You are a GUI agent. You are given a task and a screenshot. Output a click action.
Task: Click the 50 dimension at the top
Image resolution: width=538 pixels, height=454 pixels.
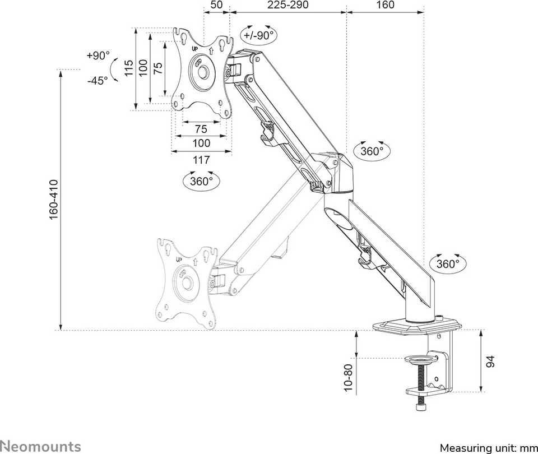click(216, 5)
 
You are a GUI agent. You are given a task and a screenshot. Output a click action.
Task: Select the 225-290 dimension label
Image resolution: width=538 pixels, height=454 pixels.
click(287, 5)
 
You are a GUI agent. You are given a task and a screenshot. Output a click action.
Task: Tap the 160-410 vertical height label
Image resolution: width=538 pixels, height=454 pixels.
click(54, 200)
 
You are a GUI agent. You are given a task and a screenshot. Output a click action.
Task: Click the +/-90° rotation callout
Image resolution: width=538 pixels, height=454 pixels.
click(258, 35)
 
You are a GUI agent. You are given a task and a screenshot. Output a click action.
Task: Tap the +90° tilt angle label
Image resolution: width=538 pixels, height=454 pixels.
click(98, 55)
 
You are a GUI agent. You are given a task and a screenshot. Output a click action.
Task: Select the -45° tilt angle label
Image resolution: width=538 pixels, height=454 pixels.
click(98, 80)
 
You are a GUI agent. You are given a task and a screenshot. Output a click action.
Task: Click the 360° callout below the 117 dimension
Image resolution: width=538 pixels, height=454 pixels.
click(201, 181)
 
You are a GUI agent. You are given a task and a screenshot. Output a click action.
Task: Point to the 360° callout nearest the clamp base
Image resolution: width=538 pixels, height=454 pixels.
click(448, 264)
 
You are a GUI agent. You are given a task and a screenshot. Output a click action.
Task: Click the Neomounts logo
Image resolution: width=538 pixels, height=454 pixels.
click(40, 446)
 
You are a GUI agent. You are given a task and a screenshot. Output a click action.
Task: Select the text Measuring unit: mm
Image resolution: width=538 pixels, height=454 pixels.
click(488, 448)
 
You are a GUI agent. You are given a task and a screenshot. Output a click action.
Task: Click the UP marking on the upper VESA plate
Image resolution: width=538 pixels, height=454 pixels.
click(196, 49)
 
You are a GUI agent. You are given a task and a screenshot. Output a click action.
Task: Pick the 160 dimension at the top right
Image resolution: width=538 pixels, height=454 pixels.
click(385, 5)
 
